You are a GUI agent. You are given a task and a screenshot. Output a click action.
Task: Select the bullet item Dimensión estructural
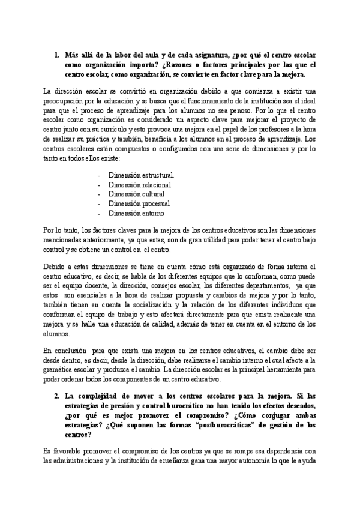point(142,175)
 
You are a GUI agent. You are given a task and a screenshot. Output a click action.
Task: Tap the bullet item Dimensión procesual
point(139,203)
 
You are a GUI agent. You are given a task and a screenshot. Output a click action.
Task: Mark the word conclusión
point(70,351)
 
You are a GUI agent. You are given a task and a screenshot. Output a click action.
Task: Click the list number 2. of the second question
point(56,396)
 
